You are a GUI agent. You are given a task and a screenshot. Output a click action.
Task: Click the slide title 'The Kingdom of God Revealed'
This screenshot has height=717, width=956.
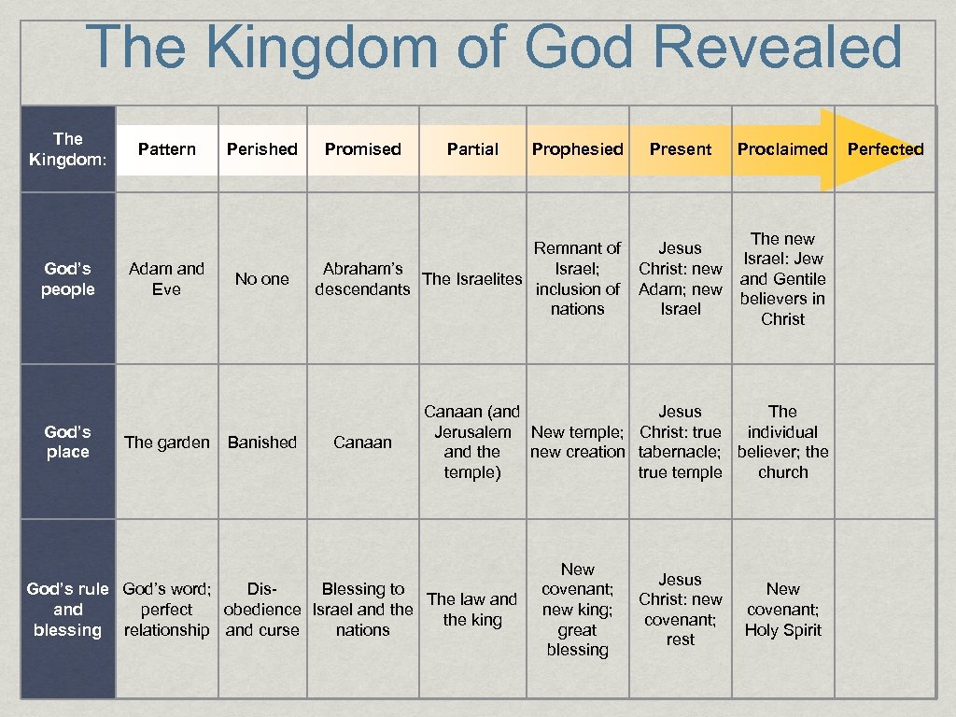click(x=494, y=49)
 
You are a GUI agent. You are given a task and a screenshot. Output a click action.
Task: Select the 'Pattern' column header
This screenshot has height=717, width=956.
click(x=167, y=149)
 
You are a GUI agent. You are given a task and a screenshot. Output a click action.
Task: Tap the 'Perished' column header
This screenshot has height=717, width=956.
click(x=262, y=149)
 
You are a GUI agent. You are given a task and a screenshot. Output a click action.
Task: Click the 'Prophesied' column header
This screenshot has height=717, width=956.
click(x=578, y=149)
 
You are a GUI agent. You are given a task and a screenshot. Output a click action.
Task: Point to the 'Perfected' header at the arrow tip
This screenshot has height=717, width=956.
click(x=885, y=149)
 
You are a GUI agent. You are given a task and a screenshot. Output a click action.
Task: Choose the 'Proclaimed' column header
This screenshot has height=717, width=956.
click(x=782, y=149)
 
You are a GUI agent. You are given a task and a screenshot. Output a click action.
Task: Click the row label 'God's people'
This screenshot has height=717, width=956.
click(x=68, y=279)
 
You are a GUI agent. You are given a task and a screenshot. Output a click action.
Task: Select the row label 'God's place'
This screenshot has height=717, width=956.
click(x=68, y=442)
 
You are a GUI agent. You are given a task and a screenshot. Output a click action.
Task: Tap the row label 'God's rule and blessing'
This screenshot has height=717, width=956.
click(x=68, y=610)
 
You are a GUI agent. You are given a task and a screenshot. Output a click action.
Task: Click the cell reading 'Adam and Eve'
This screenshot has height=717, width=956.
click(x=166, y=279)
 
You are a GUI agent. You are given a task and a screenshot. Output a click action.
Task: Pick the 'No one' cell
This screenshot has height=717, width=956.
click(x=262, y=279)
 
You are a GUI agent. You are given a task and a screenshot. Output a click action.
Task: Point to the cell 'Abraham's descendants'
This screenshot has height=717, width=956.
click(x=362, y=279)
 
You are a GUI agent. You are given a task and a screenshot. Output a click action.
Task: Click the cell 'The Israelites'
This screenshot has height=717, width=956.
click(x=472, y=279)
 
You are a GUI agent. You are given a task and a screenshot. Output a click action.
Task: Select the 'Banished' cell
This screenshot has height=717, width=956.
click(x=262, y=443)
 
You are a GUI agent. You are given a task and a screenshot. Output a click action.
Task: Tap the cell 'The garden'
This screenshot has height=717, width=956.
click(x=167, y=443)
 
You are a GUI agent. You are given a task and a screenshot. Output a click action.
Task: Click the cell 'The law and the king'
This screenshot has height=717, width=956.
click(x=472, y=610)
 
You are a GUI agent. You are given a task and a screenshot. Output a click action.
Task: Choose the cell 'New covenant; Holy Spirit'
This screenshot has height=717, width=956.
click(x=782, y=610)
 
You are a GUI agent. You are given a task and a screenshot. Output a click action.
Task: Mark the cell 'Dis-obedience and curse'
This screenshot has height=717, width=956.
click(x=262, y=610)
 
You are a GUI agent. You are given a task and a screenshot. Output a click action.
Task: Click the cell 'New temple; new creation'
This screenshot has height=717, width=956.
click(x=578, y=443)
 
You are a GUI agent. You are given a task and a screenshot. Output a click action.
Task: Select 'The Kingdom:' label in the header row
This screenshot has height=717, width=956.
click(x=68, y=149)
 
